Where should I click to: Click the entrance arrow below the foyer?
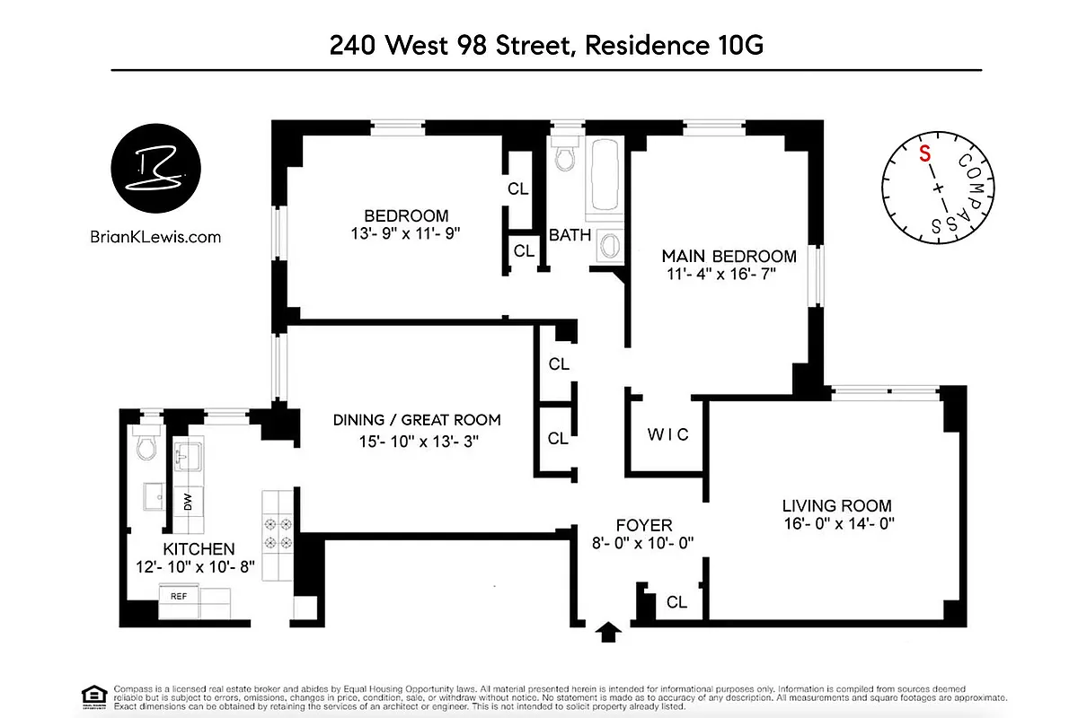click(608, 633)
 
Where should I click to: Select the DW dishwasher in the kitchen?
click(188, 503)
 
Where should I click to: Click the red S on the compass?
click(923, 152)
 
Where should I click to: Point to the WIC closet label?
click(668, 434)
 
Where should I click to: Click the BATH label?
click(570, 236)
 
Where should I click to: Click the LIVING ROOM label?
click(836, 506)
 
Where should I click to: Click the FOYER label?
click(643, 525)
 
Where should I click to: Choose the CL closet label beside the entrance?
click(676, 602)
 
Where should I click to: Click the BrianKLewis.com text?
click(156, 238)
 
